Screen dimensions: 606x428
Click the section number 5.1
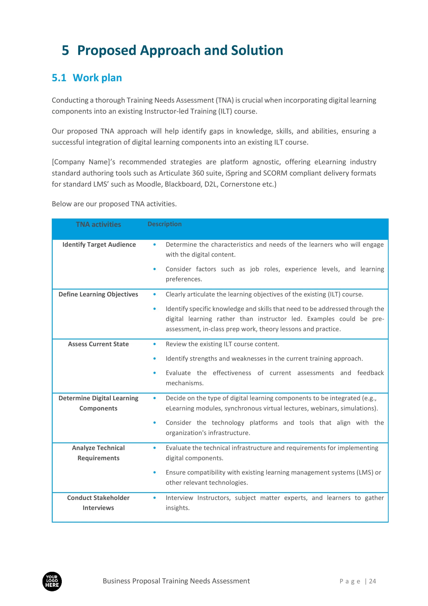coord(59,78)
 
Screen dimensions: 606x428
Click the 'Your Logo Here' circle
coord(52,581)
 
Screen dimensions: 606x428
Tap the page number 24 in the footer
coord(372,581)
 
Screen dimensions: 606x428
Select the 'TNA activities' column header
coord(98,224)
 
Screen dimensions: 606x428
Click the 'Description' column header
coord(164,224)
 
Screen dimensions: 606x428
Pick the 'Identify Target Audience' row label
coord(99,245)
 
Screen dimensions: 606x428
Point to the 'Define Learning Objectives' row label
coord(98,294)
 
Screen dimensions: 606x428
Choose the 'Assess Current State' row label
coord(98,344)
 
